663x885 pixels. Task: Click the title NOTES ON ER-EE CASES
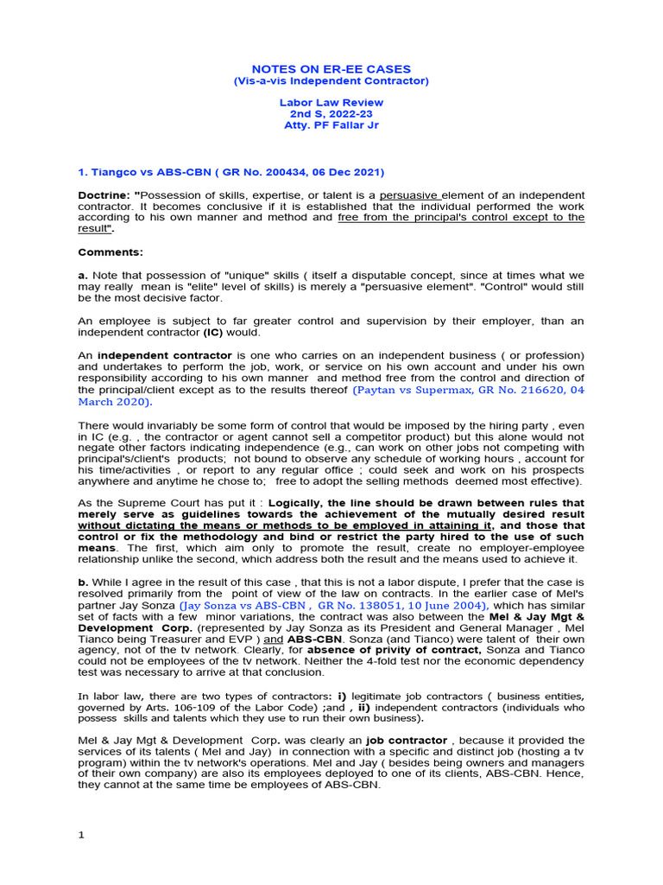(x=331, y=69)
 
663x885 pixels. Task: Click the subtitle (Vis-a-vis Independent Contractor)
(x=331, y=81)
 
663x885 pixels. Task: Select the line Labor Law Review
(x=331, y=102)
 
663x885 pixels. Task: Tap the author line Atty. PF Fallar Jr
(x=331, y=124)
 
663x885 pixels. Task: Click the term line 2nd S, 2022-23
(x=331, y=113)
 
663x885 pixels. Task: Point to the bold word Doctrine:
(x=104, y=195)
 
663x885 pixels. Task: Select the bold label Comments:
(x=110, y=252)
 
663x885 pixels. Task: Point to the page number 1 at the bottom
(x=81, y=835)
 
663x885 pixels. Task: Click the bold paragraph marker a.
(x=82, y=275)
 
